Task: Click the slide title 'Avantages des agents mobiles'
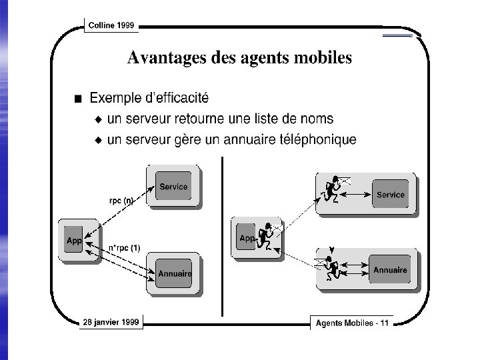click(239, 59)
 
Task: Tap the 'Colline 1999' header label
click(111, 25)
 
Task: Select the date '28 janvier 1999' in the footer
click(111, 322)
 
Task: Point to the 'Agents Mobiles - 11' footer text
click(352, 323)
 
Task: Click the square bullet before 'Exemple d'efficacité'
click(79, 99)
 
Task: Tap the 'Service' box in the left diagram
click(173, 187)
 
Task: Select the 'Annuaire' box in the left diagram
click(174, 273)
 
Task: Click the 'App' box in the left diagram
click(73, 241)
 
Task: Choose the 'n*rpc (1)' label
click(124, 248)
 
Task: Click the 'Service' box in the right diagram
click(390, 195)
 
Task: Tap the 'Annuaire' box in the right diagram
click(390, 270)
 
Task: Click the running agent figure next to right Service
click(332, 189)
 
